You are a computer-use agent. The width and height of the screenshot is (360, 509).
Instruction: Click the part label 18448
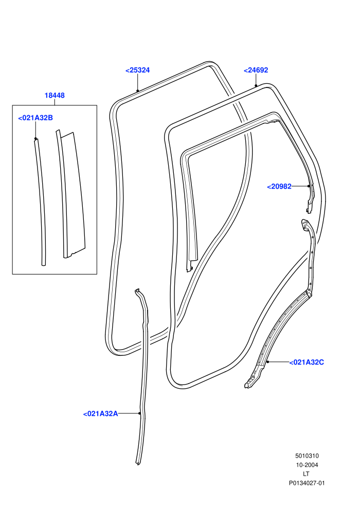55,96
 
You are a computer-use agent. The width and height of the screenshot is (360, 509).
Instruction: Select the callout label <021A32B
35,118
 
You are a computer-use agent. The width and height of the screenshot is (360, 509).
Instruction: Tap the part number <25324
138,70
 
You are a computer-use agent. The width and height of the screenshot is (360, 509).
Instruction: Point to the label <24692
256,70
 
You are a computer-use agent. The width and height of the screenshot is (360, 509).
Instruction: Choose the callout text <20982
279,187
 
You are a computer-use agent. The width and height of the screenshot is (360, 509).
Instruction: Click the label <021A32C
307,362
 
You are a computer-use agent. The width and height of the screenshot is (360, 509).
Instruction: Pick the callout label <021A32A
101,414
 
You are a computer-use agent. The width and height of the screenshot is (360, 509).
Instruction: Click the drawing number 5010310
307,456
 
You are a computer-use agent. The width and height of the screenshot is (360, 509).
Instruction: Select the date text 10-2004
307,465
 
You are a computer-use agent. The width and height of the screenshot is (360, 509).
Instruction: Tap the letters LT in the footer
306,474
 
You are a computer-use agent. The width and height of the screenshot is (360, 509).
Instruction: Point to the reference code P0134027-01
307,483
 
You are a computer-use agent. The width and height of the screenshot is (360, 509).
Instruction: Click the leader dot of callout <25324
138,90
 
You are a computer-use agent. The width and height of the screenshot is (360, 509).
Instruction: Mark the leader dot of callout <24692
256,86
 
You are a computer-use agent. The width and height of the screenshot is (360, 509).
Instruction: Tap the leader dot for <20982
309,186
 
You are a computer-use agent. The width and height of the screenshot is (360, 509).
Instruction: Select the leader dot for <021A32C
267,361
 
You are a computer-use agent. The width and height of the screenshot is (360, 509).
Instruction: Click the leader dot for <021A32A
139,413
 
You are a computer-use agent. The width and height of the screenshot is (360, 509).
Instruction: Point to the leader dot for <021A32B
35,139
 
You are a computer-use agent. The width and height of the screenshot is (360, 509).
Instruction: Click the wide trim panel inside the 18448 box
73,195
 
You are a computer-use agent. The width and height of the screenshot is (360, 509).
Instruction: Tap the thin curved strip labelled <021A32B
42,201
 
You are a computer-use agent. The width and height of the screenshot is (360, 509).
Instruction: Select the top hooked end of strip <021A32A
138,291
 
